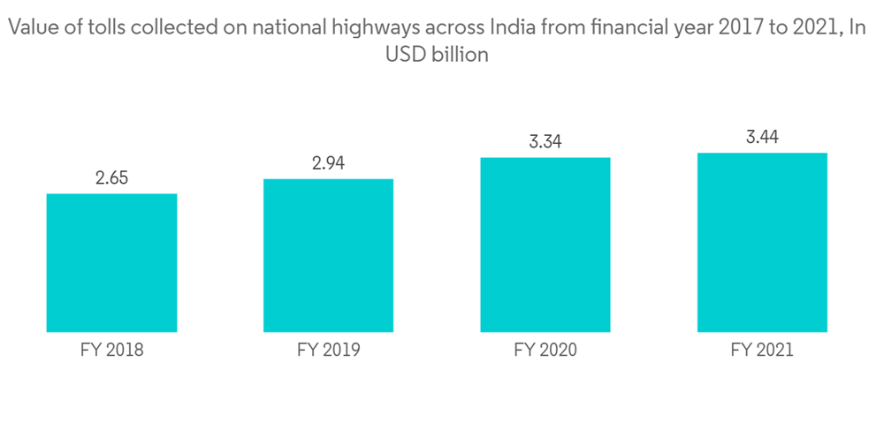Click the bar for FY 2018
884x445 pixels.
point(111,262)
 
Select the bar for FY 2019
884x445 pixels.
point(328,255)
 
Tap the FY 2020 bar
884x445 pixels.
point(545,245)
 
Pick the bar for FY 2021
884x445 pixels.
point(762,242)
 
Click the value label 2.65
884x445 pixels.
point(111,177)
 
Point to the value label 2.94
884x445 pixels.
point(328,163)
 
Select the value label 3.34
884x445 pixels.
point(545,141)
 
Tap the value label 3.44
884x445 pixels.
point(762,137)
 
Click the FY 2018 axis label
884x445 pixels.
point(111,350)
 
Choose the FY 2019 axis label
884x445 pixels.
point(328,350)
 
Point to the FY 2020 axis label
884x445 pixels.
point(545,350)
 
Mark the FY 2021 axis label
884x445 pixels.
point(762,350)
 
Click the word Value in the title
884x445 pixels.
point(31,28)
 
